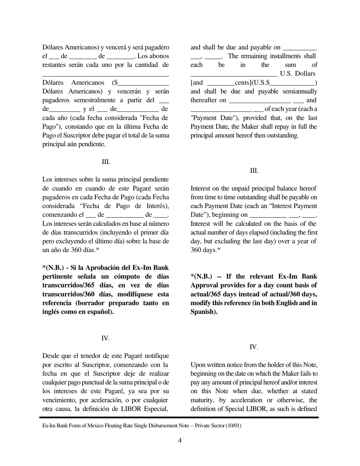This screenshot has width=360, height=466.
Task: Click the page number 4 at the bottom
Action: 180,440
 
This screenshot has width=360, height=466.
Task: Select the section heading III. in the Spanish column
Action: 106,162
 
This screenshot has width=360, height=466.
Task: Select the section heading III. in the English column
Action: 254,171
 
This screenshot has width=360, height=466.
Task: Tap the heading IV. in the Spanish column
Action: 106,338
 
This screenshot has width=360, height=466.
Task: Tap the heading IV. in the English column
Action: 254,347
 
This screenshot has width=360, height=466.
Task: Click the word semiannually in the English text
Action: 299,92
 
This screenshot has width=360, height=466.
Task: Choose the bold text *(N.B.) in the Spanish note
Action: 52,268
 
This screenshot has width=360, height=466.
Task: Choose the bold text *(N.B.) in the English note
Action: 201,277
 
